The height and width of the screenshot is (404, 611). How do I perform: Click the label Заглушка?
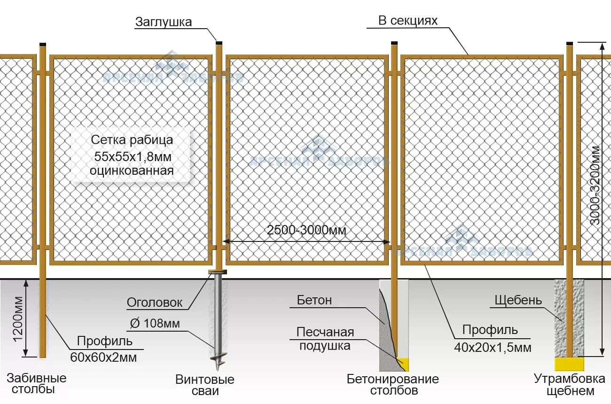pyautogui.click(x=164, y=22)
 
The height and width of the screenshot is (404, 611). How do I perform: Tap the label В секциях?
pyautogui.click(x=408, y=21)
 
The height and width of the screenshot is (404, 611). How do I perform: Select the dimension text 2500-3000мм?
pyautogui.click(x=306, y=230)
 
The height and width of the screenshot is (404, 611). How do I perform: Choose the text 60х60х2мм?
pyautogui.click(x=103, y=357)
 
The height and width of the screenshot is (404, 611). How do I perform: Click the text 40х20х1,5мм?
pyautogui.click(x=493, y=348)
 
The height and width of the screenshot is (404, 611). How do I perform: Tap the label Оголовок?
pyautogui.click(x=155, y=303)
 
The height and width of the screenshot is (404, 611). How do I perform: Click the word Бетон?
pyautogui.click(x=314, y=300)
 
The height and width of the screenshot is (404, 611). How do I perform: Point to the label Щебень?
pyautogui.click(x=518, y=300)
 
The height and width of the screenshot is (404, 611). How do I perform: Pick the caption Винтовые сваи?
pyautogui.click(x=205, y=385)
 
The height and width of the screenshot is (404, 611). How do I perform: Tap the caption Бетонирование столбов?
pyautogui.click(x=393, y=384)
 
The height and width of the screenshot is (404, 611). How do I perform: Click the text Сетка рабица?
pyautogui.click(x=132, y=140)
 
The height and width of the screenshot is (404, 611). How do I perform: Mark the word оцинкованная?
pyautogui.click(x=132, y=170)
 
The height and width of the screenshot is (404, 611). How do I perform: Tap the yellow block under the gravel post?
pyautogui.click(x=569, y=364)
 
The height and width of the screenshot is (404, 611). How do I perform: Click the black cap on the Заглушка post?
pyautogui.click(x=219, y=43)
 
